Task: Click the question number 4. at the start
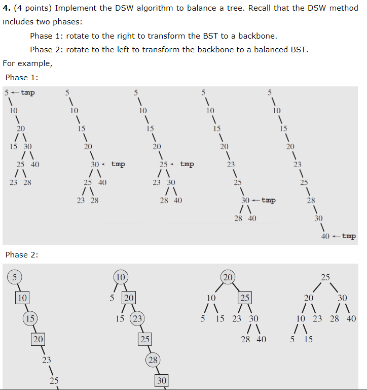click(x=6, y=9)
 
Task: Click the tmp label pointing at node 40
click(x=349, y=236)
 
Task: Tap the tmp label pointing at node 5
click(x=28, y=92)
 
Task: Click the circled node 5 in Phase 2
click(x=15, y=277)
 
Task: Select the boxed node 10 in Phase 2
click(x=22, y=298)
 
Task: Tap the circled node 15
click(x=30, y=318)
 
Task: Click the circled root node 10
click(x=121, y=277)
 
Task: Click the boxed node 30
click(x=161, y=380)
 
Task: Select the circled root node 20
click(x=228, y=277)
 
